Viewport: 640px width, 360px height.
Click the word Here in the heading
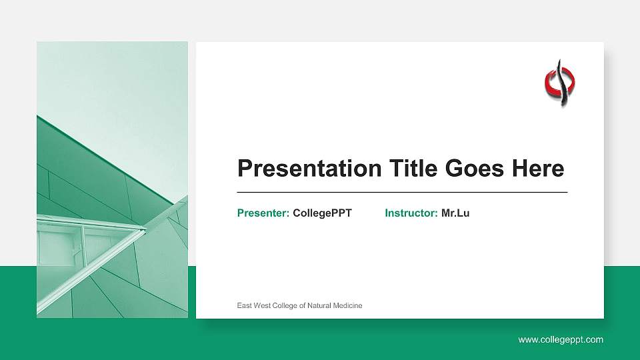[x=538, y=169]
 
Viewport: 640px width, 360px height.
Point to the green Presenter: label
[x=263, y=213]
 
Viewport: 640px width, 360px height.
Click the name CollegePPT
[x=322, y=213]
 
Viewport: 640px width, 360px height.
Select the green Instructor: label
[x=411, y=213]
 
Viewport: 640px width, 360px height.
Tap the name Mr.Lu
[x=455, y=213]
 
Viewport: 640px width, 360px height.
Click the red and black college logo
[x=560, y=83]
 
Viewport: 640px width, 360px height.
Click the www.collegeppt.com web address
[x=561, y=340]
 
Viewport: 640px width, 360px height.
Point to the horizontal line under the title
[x=402, y=192]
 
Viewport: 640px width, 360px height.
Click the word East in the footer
[x=245, y=305]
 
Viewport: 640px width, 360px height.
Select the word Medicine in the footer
[x=347, y=305]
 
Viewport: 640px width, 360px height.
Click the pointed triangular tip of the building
[x=143, y=229]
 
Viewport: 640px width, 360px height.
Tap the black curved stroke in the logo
[x=563, y=83]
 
